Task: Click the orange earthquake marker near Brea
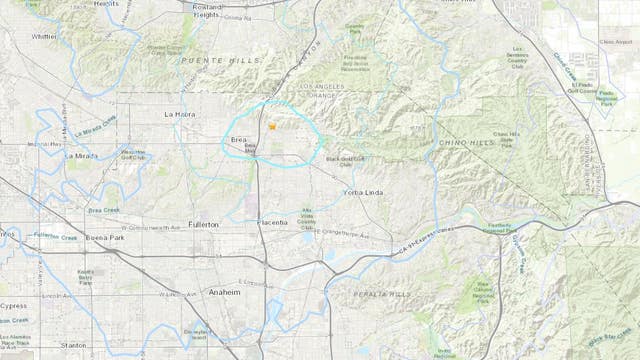271,128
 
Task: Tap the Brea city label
239,140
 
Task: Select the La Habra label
182,115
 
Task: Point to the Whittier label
44,36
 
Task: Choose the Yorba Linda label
365,190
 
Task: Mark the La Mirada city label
82,156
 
